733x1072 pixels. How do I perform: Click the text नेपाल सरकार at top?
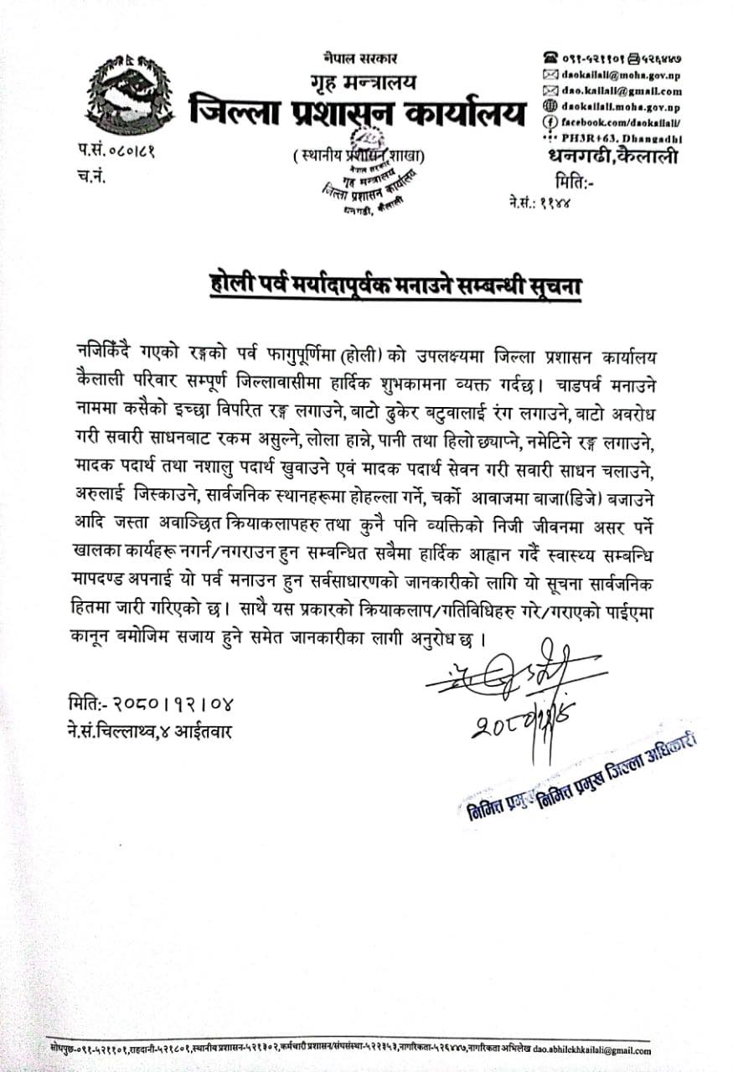359,58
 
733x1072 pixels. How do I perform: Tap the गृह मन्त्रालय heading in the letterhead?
359,82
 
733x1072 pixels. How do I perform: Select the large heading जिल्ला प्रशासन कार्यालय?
358,112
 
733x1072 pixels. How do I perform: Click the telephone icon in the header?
550,58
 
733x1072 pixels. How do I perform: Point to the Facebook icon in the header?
550,123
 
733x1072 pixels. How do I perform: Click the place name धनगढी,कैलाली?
612,157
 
